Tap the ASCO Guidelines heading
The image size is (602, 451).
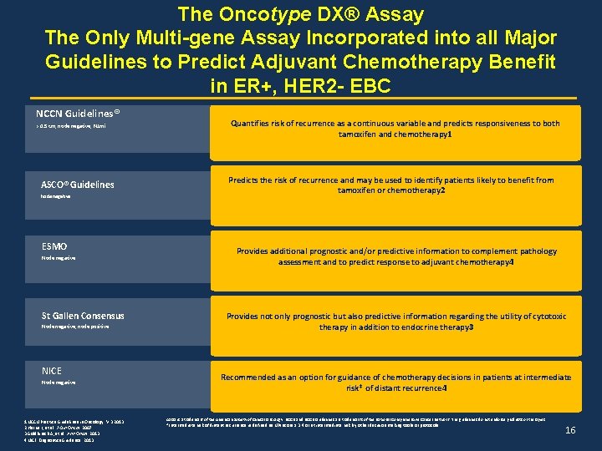coord(78,185)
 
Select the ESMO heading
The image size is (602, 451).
coord(54,246)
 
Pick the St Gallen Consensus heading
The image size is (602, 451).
coord(83,316)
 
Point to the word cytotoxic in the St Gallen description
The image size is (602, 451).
coord(548,317)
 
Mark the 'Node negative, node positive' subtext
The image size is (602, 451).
coord(75,327)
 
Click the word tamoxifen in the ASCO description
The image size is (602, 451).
coord(360,190)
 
